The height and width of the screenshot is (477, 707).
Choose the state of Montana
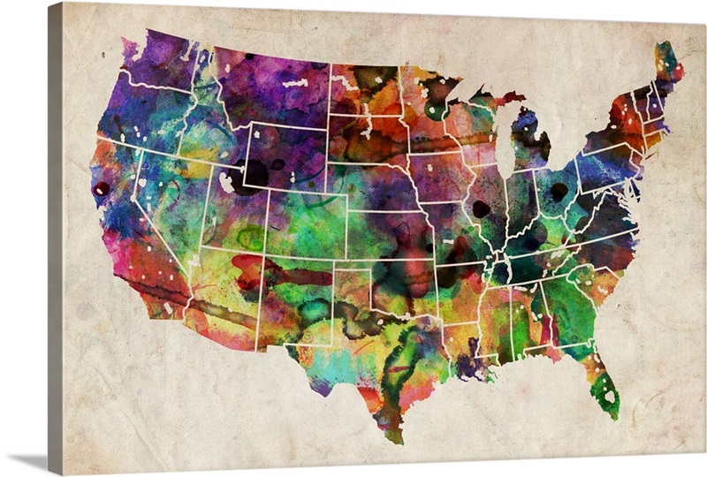tap(265, 88)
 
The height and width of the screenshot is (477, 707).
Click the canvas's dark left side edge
tap(55, 238)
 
